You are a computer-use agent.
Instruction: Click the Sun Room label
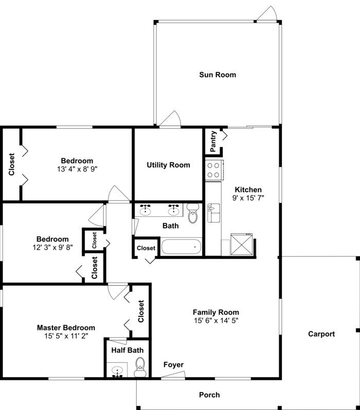point(218,75)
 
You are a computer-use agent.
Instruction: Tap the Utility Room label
point(168,165)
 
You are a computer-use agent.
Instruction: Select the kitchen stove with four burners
point(213,170)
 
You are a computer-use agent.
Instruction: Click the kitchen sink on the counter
point(212,211)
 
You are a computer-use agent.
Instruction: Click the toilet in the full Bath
point(193,214)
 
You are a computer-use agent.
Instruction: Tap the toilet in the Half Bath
point(140,367)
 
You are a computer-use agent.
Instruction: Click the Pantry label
point(212,142)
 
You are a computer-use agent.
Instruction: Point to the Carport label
point(321,334)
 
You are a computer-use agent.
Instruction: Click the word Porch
point(209,395)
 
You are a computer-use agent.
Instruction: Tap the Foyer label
point(173,365)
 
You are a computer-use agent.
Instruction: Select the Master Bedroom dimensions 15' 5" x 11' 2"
point(66,336)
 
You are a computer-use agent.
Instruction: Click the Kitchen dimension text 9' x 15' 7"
point(248,198)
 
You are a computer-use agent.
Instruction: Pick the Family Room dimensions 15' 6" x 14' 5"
point(216,320)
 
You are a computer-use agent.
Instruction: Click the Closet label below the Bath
point(146,248)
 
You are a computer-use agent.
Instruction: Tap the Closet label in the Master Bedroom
point(141,311)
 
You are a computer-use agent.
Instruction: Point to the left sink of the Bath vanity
point(146,210)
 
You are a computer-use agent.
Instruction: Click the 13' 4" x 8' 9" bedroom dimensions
point(77,169)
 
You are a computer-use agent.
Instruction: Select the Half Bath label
point(128,350)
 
